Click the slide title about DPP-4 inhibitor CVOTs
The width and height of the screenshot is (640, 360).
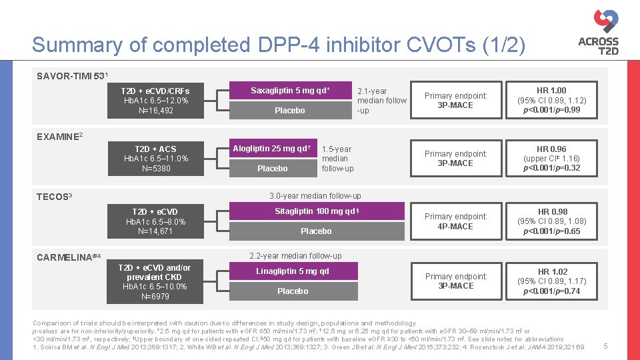279,45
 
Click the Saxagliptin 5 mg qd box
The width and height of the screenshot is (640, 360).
290,91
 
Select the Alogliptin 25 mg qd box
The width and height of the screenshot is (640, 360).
272,149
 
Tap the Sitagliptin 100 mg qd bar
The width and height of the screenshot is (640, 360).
316,211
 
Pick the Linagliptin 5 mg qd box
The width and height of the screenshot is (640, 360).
293,271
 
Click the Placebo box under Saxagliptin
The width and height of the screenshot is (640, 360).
290,110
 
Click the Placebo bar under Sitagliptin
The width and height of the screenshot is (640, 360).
316,231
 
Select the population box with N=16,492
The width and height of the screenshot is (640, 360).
155,101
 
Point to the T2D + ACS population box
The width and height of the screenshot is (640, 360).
155,159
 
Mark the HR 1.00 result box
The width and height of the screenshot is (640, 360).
551,100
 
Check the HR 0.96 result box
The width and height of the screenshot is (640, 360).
551,159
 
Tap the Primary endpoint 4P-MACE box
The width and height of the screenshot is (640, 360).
456,221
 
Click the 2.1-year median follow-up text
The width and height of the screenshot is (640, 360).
381,101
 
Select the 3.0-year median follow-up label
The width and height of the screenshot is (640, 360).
315,196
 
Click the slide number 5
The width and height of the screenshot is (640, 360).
605,346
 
